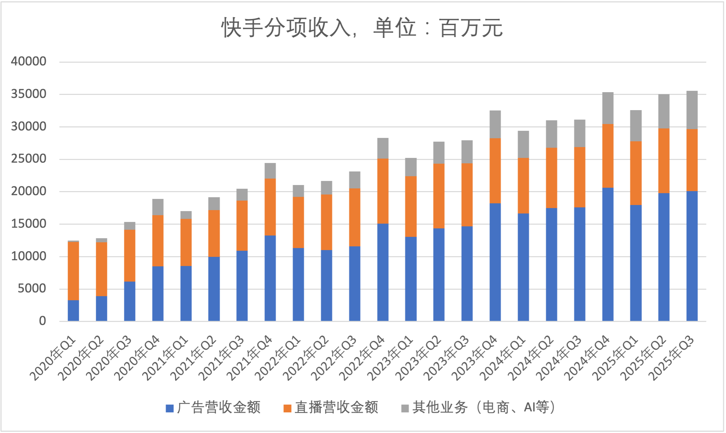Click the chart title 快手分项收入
(362, 28)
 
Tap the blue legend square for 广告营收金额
(170, 408)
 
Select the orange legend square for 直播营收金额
(287, 408)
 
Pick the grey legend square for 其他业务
(405, 408)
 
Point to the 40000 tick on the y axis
(28, 61)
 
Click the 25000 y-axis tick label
(28, 159)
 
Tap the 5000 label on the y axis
(32, 288)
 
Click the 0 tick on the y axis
(42, 321)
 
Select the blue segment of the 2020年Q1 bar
(73, 310)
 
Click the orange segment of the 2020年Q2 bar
(101, 269)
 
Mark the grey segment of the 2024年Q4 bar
(608, 108)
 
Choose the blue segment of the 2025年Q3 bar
(692, 256)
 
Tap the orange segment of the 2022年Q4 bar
(383, 191)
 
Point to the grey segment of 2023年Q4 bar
(495, 124)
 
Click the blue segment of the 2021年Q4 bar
(270, 278)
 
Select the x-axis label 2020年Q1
(53, 358)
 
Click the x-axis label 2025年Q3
(672, 358)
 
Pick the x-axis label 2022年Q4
(363, 358)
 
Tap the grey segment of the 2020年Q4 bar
(158, 207)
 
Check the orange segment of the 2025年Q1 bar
(636, 173)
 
